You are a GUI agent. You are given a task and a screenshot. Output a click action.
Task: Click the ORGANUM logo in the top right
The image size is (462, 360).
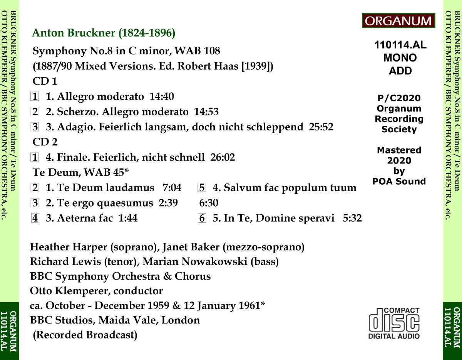click(x=398, y=21)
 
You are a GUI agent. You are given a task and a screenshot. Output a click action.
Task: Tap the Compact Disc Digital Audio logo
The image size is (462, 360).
click(x=394, y=323)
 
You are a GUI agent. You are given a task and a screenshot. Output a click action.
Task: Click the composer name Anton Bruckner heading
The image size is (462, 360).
click(x=104, y=33)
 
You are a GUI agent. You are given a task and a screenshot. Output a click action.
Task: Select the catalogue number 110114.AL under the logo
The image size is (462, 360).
click(x=400, y=45)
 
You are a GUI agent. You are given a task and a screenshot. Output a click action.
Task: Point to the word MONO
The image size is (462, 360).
click(x=400, y=58)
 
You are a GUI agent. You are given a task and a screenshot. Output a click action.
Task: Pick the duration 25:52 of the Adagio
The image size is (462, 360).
click(x=321, y=127)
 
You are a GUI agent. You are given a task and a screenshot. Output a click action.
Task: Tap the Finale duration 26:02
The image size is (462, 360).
click(x=223, y=157)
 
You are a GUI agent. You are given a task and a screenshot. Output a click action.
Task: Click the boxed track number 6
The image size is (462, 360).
click(x=203, y=218)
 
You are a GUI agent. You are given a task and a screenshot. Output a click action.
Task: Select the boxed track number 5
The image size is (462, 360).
click(x=203, y=188)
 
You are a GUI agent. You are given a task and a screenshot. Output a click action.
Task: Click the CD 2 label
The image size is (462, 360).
click(x=45, y=142)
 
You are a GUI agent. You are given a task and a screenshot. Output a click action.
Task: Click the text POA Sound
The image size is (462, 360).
click(x=399, y=181)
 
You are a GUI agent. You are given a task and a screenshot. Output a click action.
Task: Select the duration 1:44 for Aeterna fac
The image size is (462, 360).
click(x=128, y=218)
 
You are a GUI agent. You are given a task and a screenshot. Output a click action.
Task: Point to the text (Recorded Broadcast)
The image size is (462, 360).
click(x=85, y=335)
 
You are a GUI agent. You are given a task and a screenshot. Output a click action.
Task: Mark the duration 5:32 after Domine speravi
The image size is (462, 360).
click(x=352, y=218)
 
